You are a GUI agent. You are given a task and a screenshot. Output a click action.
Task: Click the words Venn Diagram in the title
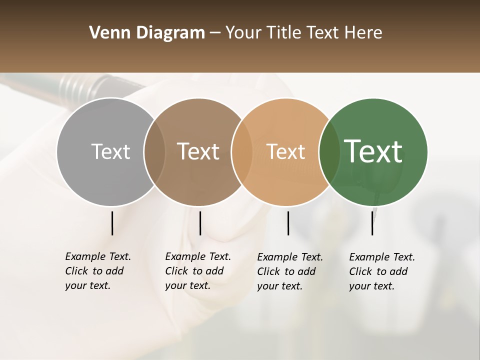click(147, 33)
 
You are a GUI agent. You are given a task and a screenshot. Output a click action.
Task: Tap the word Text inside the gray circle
click(110, 151)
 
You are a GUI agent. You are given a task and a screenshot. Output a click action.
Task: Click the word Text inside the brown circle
click(198, 151)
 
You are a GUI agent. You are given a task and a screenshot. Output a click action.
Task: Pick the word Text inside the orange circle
click(285, 151)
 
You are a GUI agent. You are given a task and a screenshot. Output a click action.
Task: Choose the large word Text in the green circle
click(373, 151)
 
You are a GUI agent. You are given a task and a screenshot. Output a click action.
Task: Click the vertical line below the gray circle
click(112, 223)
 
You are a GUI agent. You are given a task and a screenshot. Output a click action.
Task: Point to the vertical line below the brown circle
click(200, 223)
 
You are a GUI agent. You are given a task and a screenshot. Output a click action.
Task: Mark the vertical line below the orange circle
click(288, 223)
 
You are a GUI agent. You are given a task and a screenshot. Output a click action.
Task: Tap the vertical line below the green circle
click(372, 223)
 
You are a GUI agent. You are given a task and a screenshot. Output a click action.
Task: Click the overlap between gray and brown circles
click(154, 151)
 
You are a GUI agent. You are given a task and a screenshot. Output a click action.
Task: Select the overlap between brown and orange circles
click(242, 151)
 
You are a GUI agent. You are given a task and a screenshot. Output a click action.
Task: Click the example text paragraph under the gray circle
click(98, 271)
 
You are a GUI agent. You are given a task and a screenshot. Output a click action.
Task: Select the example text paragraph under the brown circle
click(198, 271)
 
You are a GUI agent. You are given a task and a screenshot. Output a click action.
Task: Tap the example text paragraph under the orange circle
click(290, 271)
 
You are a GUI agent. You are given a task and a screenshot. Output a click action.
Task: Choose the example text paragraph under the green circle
click(382, 271)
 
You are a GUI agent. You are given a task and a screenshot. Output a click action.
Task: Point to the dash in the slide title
click(215, 33)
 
